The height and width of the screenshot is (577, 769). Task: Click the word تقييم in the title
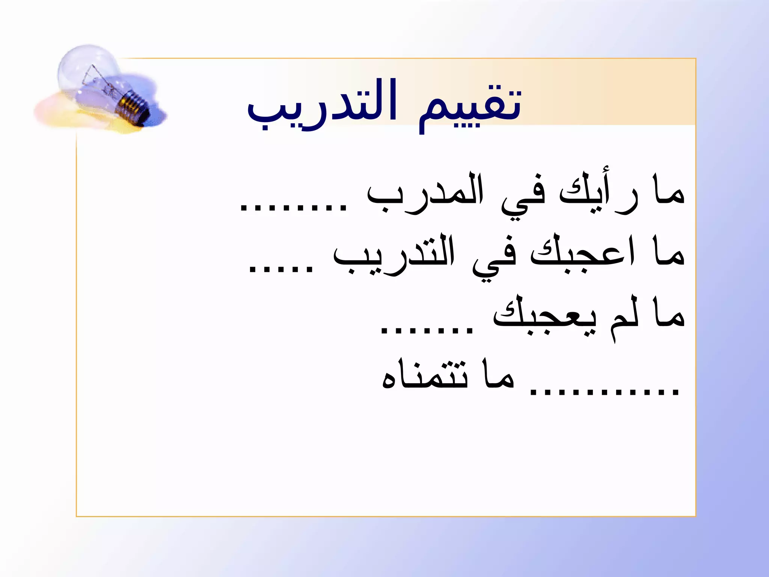point(469,107)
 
